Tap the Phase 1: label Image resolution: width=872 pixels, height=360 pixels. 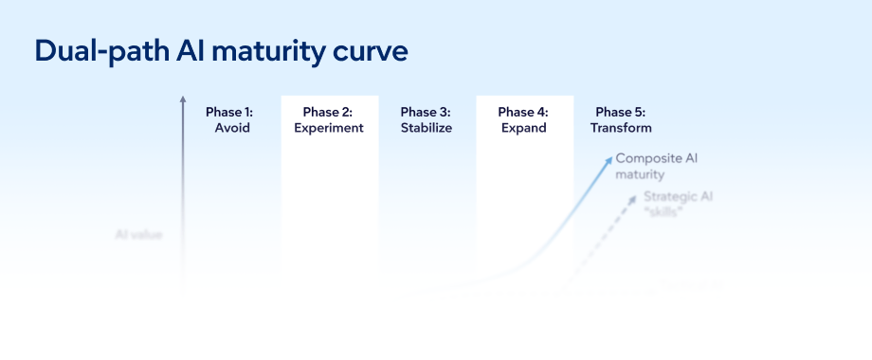229,112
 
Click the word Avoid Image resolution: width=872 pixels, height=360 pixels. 232,128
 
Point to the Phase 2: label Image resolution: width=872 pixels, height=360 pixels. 328,112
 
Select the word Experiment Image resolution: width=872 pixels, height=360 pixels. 329,128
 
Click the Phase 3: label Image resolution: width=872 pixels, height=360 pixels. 426,112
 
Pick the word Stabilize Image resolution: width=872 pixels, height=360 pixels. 427,128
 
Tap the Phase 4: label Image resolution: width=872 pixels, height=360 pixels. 523,112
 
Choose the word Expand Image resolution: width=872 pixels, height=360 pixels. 524,128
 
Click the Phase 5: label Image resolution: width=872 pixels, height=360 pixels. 621,112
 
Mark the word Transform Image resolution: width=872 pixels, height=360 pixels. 621,128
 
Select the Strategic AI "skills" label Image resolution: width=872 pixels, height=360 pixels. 678,204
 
